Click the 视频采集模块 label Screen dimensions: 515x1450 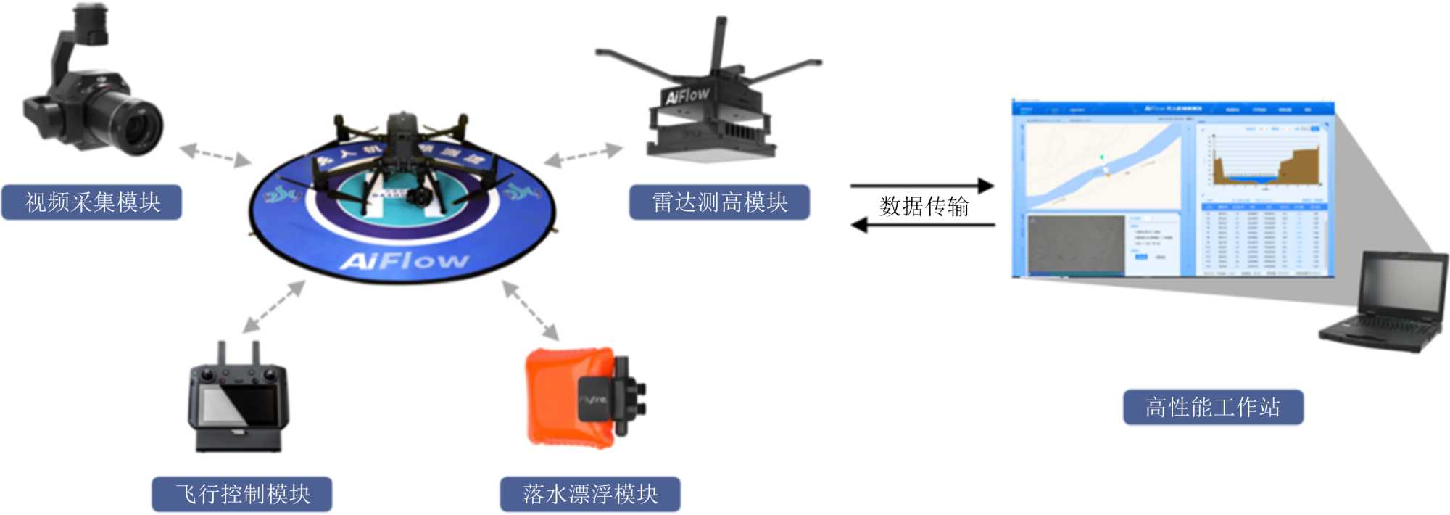(92, 202)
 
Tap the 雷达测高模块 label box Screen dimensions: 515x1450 (719, 202)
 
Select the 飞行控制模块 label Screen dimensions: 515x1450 (242, 494)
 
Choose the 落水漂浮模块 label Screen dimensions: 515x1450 (590, 494)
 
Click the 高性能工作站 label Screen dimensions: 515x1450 (1213, 407)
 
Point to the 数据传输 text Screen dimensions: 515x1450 (924, 207)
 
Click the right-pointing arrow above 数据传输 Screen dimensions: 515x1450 (921, 186)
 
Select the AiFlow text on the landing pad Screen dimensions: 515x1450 (404, 260)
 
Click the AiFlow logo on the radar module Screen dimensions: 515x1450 (687, 96)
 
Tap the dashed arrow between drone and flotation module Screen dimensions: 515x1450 (531, 310)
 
